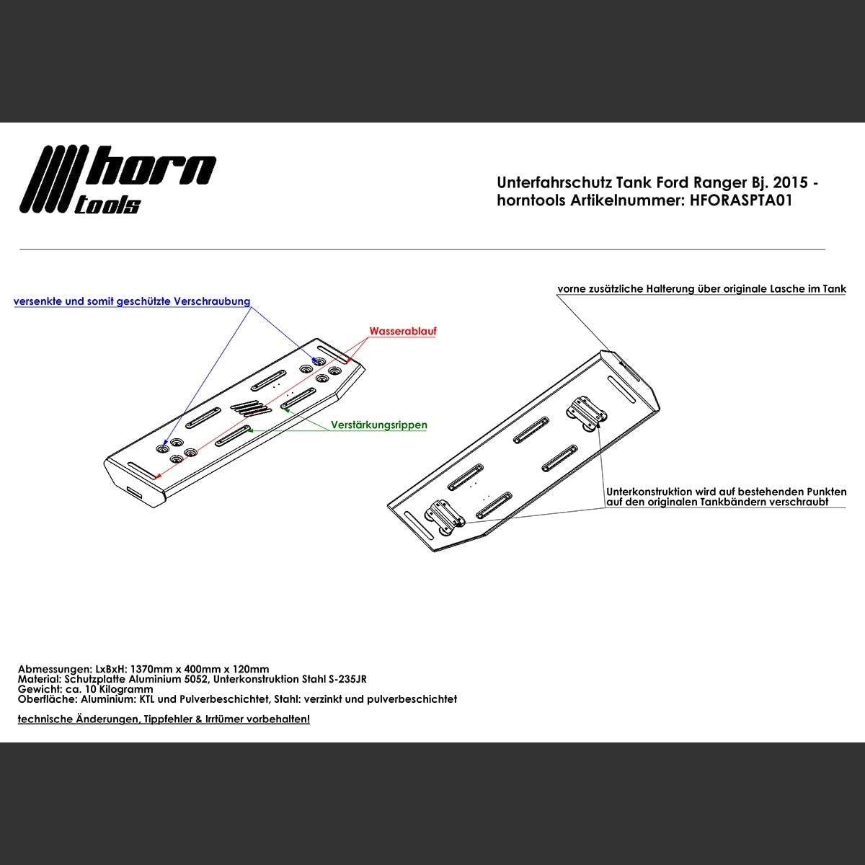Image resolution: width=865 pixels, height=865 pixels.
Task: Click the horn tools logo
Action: (119, 180)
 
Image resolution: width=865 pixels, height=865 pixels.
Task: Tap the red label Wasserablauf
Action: (403, 332)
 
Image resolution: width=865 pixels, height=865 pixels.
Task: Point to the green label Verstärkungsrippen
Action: (379, 425)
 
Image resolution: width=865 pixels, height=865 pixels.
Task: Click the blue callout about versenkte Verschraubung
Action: (132, 302)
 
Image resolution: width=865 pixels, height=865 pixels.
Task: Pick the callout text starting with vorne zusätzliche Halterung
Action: (701, 289)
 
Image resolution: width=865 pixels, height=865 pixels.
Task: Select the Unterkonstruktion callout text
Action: (726, 497)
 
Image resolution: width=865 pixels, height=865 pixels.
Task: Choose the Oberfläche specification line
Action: (237, 699)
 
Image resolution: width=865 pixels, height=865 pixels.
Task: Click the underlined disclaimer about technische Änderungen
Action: (164, 719)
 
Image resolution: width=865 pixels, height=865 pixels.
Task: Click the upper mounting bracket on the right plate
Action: (587, 412)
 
